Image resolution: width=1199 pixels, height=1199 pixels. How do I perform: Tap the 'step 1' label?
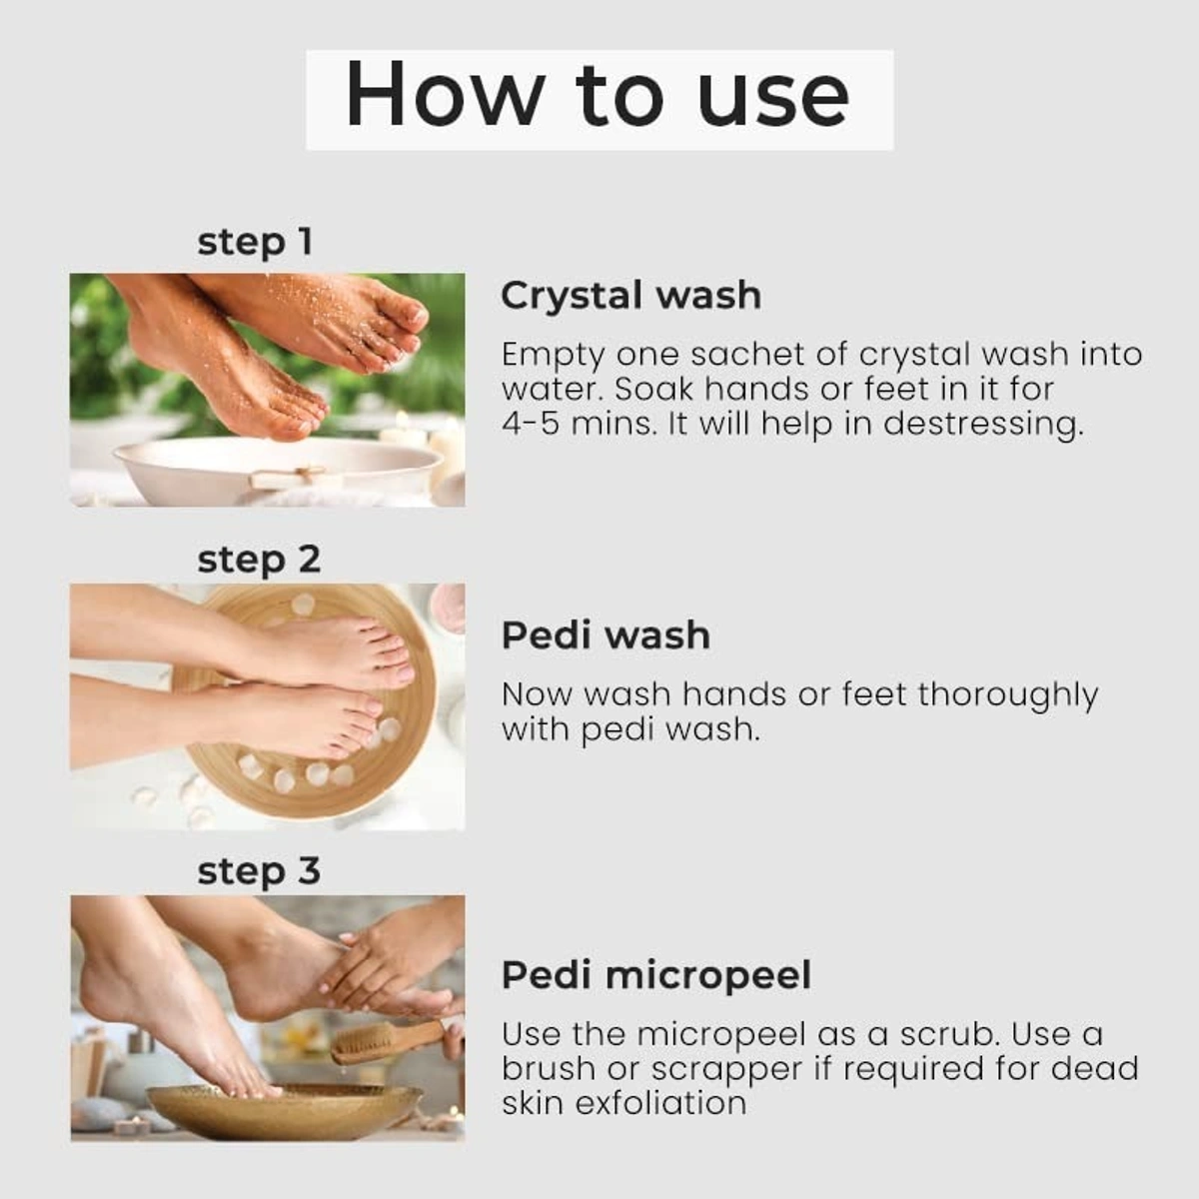tap(255, 242)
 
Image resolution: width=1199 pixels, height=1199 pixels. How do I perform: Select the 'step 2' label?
tap(259, 560)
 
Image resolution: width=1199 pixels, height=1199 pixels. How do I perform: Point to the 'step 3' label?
tap(259, 871)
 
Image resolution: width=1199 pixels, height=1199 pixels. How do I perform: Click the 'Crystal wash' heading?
tap(630, 295)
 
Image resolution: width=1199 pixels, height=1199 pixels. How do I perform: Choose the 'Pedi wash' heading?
tap(606, 635)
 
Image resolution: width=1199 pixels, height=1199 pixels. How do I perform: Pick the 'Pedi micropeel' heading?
tap(656, 975)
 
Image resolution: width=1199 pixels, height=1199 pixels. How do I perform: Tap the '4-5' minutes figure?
tap(531, 425)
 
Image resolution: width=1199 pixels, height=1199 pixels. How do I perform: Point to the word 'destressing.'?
tap(984, 426)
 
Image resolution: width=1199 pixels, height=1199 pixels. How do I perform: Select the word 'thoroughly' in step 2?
tap(1008, 696)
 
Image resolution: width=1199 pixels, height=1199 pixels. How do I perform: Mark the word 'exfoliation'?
tap(660, 1103)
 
